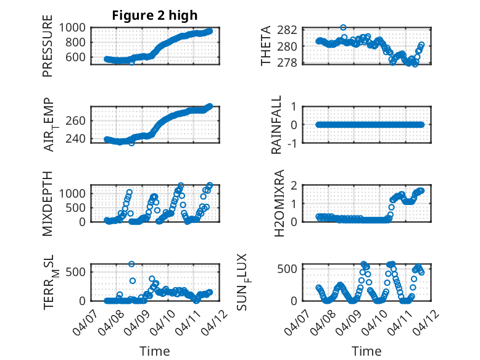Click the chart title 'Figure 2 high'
click(x=155, y=15)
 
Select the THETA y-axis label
click(x=266, y=46)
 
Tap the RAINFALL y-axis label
click(x=277, y=125)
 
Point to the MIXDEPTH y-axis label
click(x=48, y=203)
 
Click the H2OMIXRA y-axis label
click(x=277, y=203)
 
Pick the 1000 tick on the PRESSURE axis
click(x=75, y=28)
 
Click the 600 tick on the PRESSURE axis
click(x=79, y=57)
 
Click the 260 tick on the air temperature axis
click(x=79, y=120)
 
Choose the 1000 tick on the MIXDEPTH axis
click(x=75, y=193)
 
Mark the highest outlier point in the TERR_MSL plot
click(x=131, y=264)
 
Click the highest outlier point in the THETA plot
click(x=344, y=28)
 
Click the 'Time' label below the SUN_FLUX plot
click(x=366, y=351)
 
